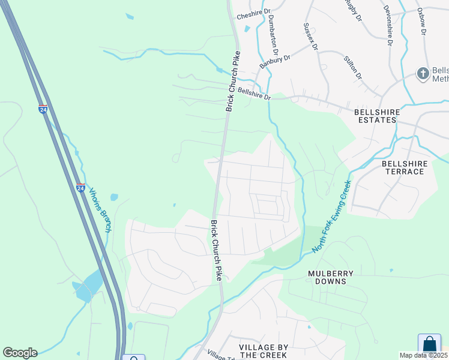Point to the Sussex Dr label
(310, 37)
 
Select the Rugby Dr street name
(354, 10)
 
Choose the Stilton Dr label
(353, 67)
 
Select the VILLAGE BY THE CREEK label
(264, 352)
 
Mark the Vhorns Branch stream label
(100, 211)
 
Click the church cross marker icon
(423, 74)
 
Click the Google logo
(20, 353)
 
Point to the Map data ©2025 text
(424, 355)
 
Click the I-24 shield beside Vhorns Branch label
(80, 188)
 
